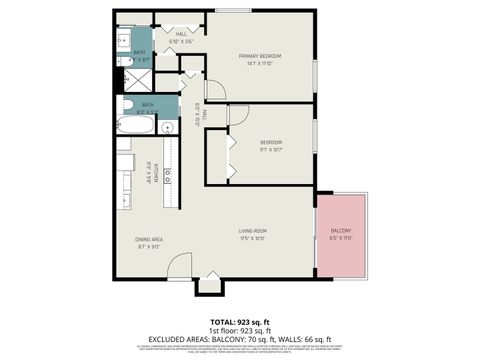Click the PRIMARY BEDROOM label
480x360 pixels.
[x=259, y=55]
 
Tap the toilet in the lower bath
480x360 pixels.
[x=126, y=105]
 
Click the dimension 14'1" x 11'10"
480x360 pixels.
[x=259, y=63]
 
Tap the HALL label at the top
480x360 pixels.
[x=181, y=34]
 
